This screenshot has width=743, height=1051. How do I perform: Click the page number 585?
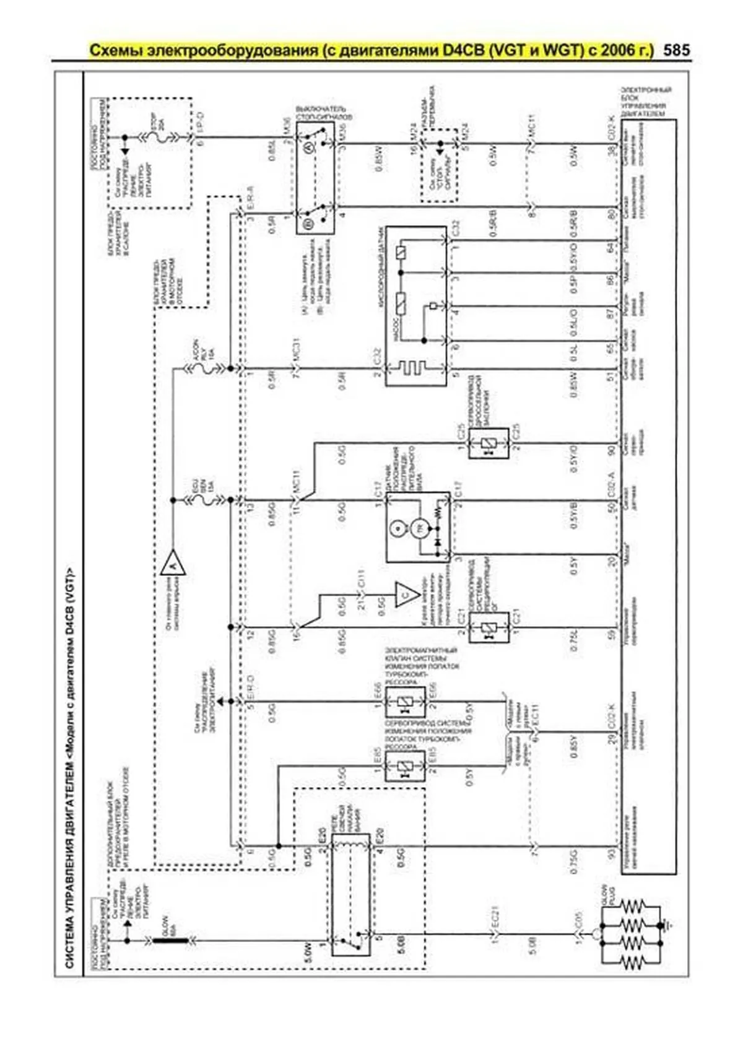[x=676, y=50]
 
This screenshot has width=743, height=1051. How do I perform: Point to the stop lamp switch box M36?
[x=315, y=177]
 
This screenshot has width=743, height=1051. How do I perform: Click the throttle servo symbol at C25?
[x=489, y=443]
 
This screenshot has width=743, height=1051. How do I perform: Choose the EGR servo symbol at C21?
[x=489, y=629]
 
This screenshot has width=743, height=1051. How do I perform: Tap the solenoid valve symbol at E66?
[x=405, y=702]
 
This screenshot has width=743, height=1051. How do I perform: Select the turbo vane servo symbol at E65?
[x=405, y=767]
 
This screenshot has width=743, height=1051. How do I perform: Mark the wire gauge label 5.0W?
[x=307, y=962]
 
